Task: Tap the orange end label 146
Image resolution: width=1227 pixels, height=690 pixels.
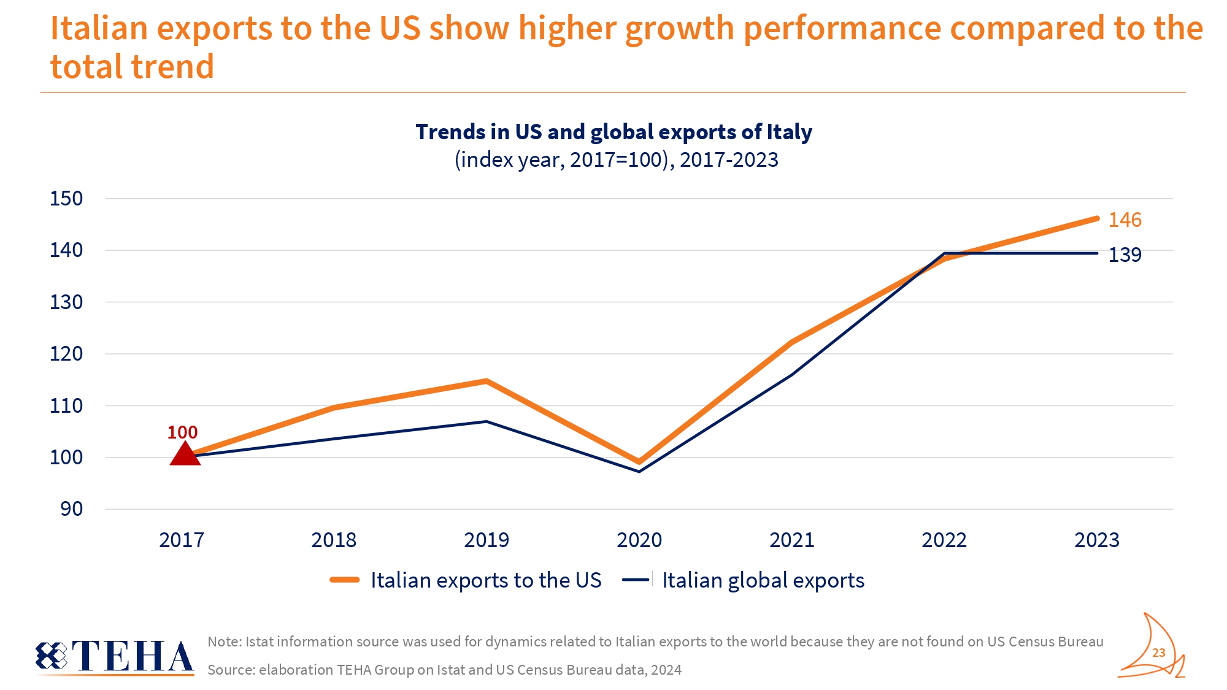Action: point(1125,220)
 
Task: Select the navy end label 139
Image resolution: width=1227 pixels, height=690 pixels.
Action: point(1125,255)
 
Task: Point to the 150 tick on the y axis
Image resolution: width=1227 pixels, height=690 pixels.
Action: point(66,199)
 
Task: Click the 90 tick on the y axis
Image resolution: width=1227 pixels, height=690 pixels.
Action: point(71,509)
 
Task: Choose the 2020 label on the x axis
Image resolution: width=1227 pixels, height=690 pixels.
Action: point(639,540)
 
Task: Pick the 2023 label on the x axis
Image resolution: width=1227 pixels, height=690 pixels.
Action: point(1097,540)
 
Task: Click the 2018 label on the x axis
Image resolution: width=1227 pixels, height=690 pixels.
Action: point(334,540)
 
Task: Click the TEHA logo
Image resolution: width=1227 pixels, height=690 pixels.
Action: point(115,656)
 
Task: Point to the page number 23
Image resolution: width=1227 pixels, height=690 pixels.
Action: point(1159,653)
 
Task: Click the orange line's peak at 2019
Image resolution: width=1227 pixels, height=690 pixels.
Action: point(487,381)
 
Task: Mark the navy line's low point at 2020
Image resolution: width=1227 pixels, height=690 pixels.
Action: point(639,471)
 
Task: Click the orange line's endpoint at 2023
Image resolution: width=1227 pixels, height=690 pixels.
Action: point(1097,218)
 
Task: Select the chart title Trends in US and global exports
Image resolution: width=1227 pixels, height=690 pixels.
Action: point(613,132)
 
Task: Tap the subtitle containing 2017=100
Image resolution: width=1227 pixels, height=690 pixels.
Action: point(616,160)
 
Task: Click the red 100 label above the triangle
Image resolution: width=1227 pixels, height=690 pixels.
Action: point(182,432)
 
